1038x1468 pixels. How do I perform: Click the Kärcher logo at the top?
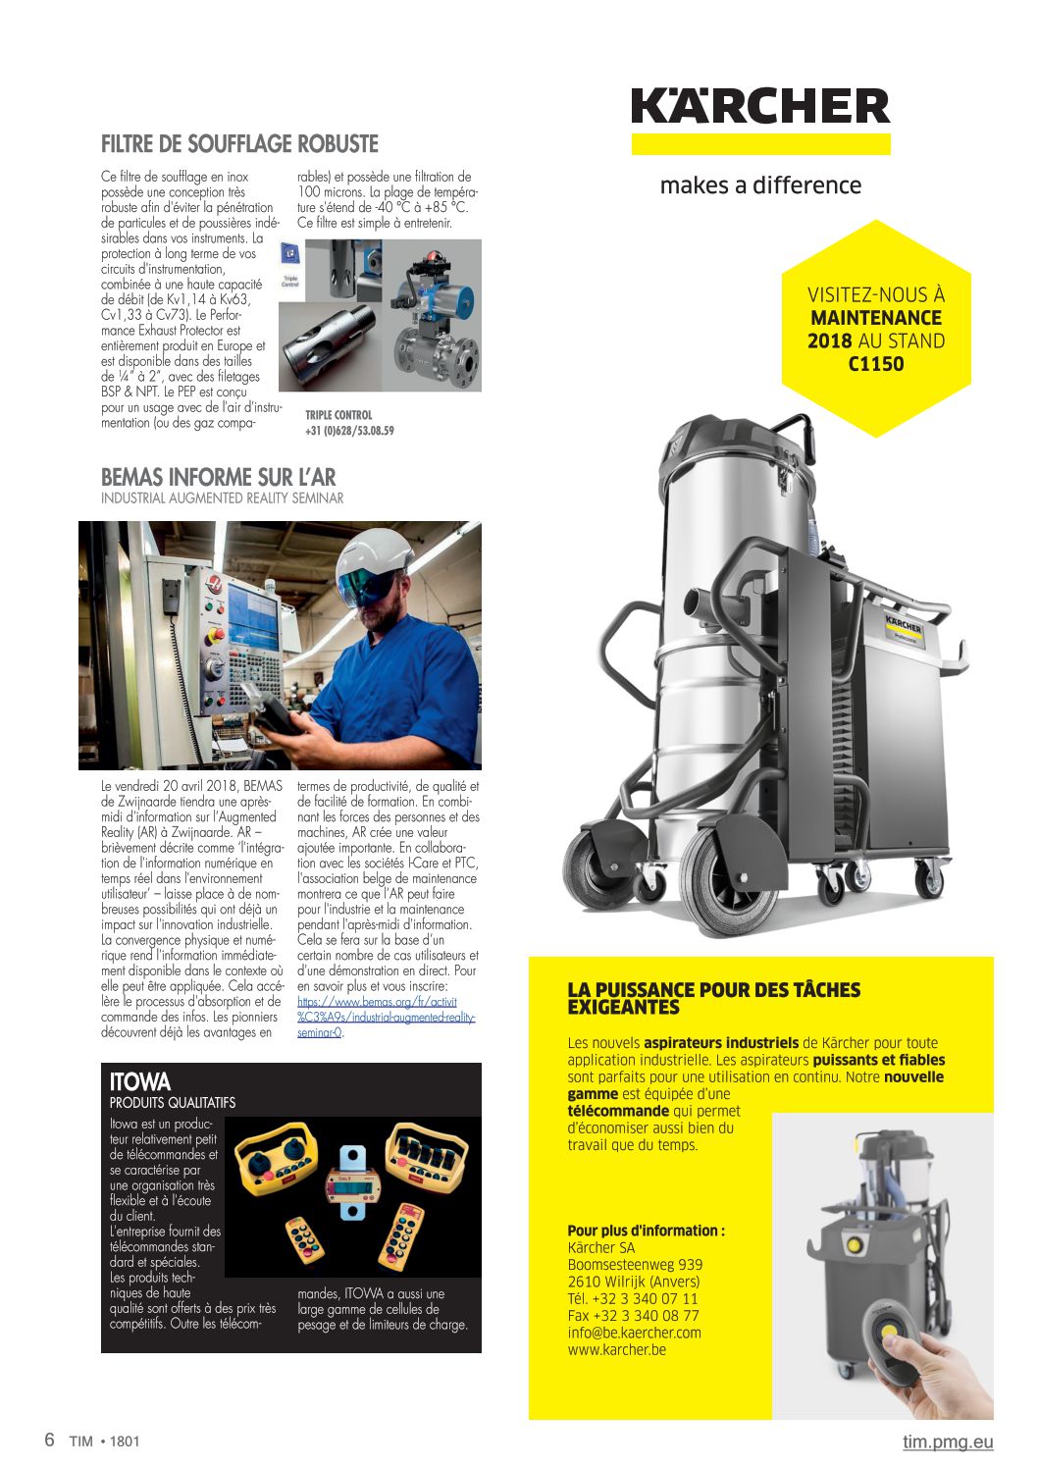760,106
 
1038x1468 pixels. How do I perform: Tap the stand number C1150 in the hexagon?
876,364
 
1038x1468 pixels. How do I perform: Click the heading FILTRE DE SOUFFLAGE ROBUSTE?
239,144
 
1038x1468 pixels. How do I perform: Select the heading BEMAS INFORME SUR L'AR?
218,478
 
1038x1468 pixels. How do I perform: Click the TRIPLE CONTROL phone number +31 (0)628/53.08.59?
349,431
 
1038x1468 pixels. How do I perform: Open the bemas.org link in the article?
377,1002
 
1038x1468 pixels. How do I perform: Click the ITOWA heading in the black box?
140,1081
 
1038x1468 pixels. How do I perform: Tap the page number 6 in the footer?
49,1441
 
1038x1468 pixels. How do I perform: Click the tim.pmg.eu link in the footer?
948,1442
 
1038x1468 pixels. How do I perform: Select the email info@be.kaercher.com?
634,1333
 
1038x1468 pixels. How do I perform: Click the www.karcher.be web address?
616,1349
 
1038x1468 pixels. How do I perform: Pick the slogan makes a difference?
760,185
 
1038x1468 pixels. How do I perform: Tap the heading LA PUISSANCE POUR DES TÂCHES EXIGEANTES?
713,998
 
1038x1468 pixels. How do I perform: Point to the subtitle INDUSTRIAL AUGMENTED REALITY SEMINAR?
223,498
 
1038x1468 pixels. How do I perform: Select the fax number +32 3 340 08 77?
633,1316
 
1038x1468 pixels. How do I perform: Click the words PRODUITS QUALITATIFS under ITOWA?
173,1102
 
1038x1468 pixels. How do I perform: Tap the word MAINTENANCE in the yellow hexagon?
876,318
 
